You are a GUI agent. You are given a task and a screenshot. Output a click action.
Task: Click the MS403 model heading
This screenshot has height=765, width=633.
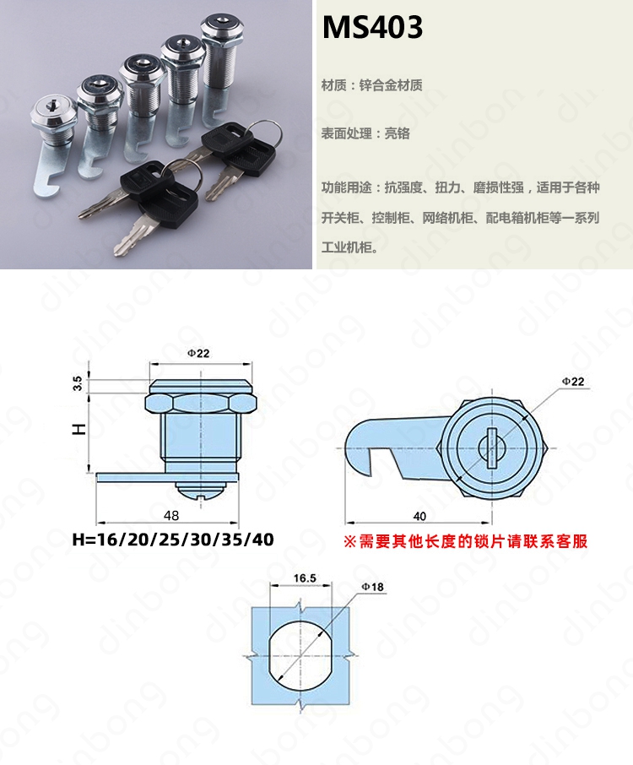click(x=372, y=27)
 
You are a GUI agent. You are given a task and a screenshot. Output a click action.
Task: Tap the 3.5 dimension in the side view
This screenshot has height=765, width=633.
click(x=78, y=383)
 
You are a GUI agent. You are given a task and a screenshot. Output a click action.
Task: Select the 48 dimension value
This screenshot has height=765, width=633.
click(x=171, y=515)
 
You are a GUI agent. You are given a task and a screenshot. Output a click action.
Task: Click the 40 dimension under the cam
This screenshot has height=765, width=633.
click(x=419, y=516)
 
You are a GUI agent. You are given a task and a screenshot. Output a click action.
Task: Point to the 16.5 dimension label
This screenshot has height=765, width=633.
click(x=305, y=578)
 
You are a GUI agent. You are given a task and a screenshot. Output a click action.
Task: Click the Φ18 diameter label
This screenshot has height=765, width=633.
click(x=372, y=587)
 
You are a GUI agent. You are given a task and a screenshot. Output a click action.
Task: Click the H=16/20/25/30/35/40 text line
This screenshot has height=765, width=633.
click(x=173, y=540)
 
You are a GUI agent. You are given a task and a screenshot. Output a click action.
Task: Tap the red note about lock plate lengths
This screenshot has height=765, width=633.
click(x=466, y=541)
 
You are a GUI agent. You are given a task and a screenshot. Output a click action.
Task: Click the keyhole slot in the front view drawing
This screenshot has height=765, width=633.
click(x=491, y=448)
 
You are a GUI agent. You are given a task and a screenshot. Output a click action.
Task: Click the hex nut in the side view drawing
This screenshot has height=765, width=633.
click(x=201, y=404)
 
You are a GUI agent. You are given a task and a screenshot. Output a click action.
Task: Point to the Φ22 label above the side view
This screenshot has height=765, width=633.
click(x=198, y=353)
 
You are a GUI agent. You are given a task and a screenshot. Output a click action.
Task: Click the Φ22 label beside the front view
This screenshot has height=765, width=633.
click(x=572, y=382)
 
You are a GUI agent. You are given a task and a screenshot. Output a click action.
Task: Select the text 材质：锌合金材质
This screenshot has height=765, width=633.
click(x=371, y=85)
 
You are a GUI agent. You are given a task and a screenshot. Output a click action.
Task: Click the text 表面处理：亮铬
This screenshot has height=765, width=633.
click(x=365, y=133)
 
